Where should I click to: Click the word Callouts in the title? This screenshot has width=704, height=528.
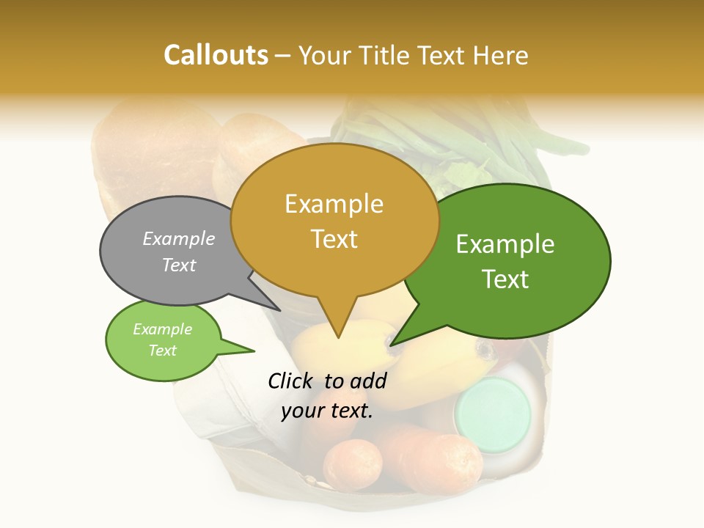point(216,55)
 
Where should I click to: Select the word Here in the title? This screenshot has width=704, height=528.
point(502,56)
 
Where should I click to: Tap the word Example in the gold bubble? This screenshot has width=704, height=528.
point(334,204)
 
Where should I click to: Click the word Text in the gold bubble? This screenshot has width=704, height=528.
point(334,239)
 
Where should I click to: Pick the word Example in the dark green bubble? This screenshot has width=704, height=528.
point(505,244)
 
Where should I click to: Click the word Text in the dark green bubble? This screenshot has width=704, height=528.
point(505,279)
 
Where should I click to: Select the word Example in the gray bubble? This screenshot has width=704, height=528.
point(178,239)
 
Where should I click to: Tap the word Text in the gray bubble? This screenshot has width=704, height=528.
point(178,265)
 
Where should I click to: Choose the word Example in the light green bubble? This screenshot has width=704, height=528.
point(162,329)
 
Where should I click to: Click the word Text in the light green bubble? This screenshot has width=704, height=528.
point(162,351)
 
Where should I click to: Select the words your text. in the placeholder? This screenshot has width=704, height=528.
point(326,411)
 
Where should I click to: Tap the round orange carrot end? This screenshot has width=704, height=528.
point(353,464)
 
